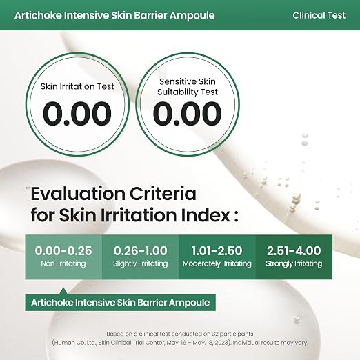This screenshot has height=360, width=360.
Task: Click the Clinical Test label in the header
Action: click(x=319, y=15)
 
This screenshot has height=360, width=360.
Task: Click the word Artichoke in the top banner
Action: click(x=38, y=15)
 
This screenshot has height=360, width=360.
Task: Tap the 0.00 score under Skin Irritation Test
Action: click(x=77, y=114)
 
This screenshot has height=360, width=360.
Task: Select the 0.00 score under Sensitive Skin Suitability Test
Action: click(x=187, y=114)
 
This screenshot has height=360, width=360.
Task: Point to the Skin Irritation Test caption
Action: click(x=77, y=86)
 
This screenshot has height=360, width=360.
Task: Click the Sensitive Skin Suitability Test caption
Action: click(x=188, y=87)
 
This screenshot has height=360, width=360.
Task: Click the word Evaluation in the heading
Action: click(x=78, y=194)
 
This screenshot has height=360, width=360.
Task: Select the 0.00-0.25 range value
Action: click(x=63, y=250)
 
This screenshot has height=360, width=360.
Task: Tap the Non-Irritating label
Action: click(x=63, y=263)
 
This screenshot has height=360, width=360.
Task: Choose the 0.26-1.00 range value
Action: click(x=140, y=250)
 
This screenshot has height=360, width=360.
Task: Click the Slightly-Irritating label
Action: click(x=140, y=263)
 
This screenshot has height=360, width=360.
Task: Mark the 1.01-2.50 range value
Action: click(x=217, y=250)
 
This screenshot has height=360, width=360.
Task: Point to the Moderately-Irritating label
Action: click(x=217, y=263)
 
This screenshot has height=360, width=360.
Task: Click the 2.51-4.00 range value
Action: click(x=294, y=250)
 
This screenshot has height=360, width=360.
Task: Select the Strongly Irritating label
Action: click(x=294, y=263)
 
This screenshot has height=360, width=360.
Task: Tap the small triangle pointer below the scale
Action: click(x=63, y=291)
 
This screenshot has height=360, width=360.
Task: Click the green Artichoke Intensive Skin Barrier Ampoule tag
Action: click(x=120, y=303)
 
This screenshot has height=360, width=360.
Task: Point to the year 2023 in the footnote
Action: click(x=222, y=343)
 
